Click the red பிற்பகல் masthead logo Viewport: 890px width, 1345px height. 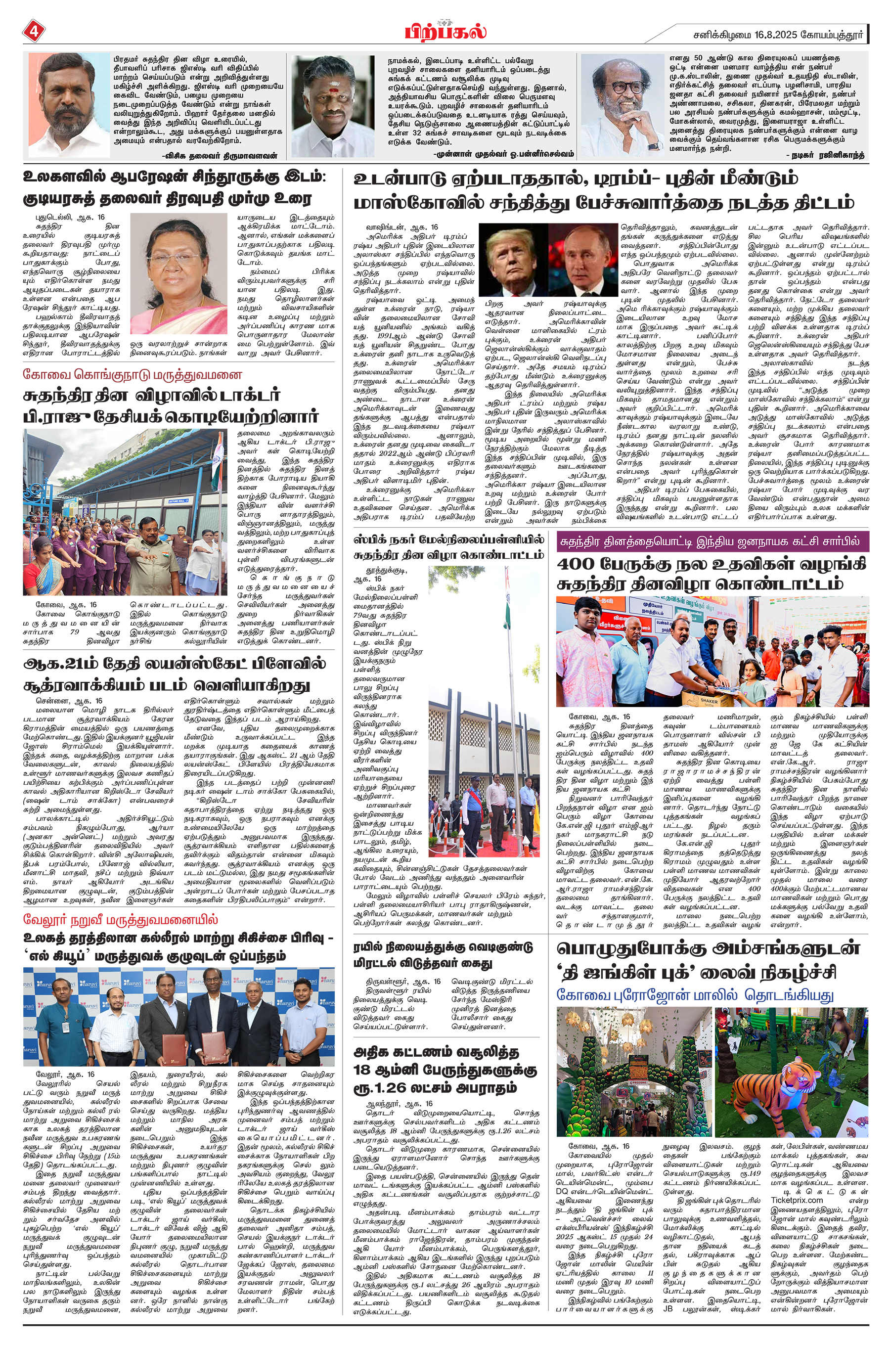pos(445,31)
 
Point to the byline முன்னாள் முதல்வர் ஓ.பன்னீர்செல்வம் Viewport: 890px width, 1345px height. pos(503,154)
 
